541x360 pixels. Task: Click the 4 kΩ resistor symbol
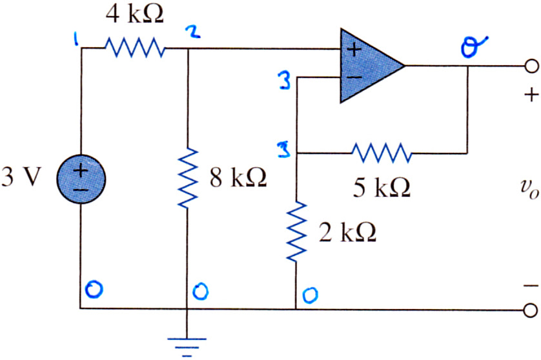pos(135,48)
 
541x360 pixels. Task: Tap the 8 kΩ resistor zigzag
pos(187,178)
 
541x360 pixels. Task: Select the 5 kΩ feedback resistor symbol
pos(382,153)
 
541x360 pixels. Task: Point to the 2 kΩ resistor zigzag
pos(296,232)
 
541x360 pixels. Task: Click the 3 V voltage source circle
pos(81,179)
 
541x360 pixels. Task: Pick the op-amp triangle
pos(372,66)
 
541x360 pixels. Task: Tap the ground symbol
pos(187,346)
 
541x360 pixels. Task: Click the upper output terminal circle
pos(531,66)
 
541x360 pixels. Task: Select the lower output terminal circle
pos(531,310)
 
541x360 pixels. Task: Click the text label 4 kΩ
pos(134,14)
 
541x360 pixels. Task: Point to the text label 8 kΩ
pos(238,177)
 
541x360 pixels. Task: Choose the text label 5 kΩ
pos(382,188)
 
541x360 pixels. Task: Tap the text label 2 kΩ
pos(347,232)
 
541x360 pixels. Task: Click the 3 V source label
pos(21,177)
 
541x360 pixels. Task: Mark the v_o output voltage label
pos(529,190)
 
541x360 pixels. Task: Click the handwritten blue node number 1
pos(76,39)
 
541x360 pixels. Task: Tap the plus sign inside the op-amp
pos(354,50)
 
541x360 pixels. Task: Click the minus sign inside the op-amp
pos(354,77)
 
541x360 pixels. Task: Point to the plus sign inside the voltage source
pos(81,171)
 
